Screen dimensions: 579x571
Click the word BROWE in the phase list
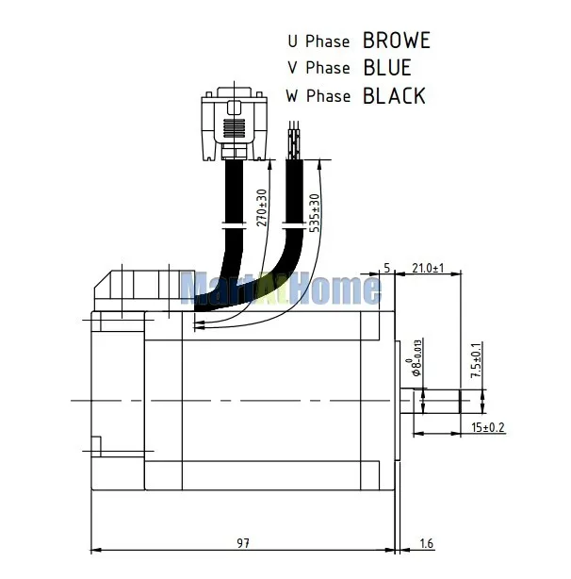[x=396, y=41]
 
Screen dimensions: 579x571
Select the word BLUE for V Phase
[x=386, y=68]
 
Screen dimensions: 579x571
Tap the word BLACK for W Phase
[x=393, y=95]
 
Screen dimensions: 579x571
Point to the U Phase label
[x=318, y=41]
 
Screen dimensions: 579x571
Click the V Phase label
[x=318, y=68]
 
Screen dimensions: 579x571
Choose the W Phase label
[x=318, y=95]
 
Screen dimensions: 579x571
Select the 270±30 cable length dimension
[x=262, y=207]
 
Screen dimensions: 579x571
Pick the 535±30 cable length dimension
[x=315, y=212]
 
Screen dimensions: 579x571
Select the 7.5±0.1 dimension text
[x=476, y=360]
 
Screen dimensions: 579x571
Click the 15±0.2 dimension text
[x=487, y=427]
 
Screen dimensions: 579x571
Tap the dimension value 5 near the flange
[x=386, y=268]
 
